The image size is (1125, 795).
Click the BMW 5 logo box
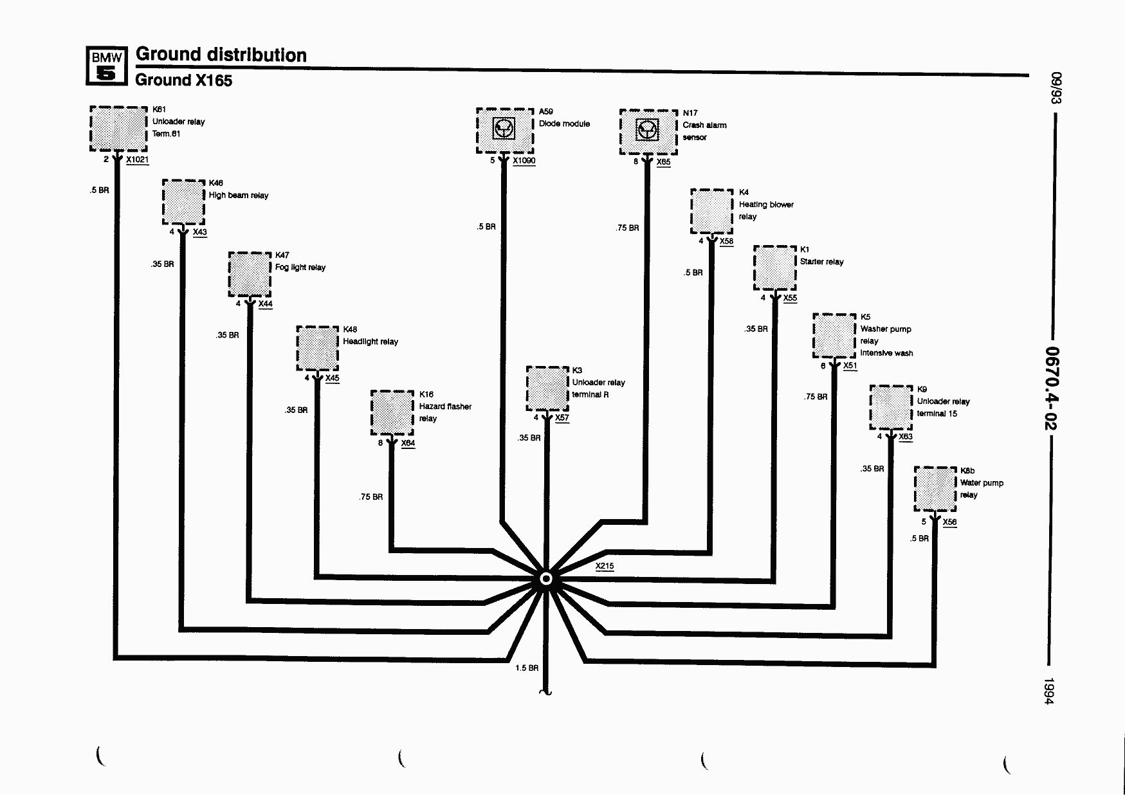106,66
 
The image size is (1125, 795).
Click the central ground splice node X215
546,579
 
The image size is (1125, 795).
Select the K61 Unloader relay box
118,129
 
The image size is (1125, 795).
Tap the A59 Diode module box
505,131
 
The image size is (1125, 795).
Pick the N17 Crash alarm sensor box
648,132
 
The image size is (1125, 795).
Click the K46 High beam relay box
183,202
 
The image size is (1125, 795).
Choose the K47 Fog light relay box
250,274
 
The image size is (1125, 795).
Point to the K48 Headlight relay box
317,349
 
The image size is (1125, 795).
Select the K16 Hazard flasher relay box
392,413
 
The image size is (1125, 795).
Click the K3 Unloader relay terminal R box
547,388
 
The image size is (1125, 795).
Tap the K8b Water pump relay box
935,489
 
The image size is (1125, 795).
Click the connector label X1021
138,160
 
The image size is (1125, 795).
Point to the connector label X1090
524,161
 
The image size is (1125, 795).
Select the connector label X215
605,566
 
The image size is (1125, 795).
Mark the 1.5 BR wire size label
527,668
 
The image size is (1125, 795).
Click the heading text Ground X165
183,80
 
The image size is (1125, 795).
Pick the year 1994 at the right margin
1049,691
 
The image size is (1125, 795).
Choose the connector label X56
949,522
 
